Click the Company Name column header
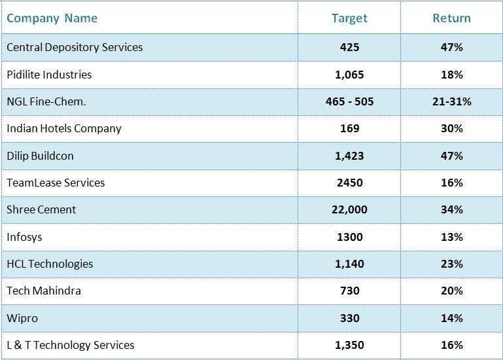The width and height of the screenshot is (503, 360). [52, 18]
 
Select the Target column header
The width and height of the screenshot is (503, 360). [349, 18]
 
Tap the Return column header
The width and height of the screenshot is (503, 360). [452, 18]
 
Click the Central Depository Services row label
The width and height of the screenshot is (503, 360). [75, 47]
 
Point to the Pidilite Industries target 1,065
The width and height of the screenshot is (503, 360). [349, 75]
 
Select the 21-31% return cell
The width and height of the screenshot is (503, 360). [452, 101]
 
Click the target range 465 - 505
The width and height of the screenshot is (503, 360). [349, 101]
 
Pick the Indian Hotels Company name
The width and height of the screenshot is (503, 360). [64, 128]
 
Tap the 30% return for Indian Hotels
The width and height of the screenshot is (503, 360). [452, 128]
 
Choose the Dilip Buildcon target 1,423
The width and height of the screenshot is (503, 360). [349, 156]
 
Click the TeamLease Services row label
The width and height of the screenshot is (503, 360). [56, 183]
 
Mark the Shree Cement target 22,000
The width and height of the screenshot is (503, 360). [349, 209]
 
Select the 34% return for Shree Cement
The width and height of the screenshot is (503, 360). [452, 209]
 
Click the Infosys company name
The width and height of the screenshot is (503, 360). [24, 238]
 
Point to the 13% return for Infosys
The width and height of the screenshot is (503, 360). [452, 237]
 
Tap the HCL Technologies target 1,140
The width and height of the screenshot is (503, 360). [349, 264]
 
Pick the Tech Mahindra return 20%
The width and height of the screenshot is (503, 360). [452, 291]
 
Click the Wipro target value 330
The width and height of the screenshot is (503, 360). [349, 318]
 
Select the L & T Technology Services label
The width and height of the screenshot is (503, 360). [71, 345]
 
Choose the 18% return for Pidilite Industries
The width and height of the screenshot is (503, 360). [452, 75]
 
